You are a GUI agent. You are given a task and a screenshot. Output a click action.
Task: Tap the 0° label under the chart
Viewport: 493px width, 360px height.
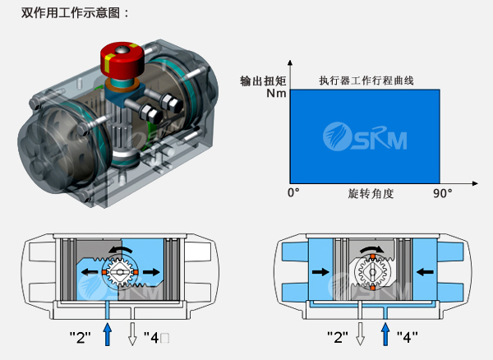[x=293, y=193]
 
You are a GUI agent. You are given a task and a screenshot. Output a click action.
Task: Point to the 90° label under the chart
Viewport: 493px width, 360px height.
[x=443, y=193]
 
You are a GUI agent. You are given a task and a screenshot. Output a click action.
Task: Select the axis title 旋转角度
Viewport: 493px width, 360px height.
[x=371, y=194]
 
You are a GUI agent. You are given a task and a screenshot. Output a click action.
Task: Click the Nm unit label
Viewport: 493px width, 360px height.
[x=275, y=94]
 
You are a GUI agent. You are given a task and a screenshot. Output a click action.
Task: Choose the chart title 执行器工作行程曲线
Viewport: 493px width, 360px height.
[x=366, y=81]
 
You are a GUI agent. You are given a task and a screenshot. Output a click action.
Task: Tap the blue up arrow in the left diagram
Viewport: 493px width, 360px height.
[x=106, y=334]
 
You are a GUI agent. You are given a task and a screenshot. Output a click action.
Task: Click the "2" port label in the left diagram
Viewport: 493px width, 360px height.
[x=81, y=337]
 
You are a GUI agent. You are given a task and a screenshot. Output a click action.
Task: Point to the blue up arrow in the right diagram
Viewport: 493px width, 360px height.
[x=385, y=334]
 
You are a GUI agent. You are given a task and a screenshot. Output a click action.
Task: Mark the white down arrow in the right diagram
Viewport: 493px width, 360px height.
[x=358, y=335]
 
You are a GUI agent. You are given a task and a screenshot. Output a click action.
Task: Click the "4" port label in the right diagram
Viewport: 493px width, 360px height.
[x=408, y=337]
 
